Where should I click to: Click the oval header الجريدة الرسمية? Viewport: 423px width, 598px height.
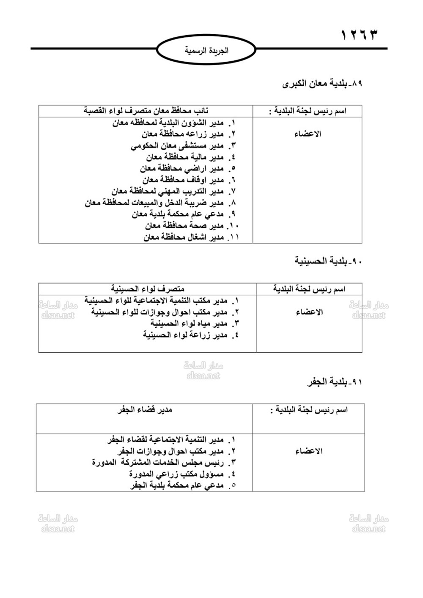206,50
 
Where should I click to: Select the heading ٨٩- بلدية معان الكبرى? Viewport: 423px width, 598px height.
323,84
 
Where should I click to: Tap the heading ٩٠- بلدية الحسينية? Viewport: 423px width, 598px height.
329,261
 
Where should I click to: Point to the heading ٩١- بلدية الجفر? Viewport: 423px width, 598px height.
335,382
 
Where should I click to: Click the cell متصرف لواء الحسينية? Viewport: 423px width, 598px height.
148,289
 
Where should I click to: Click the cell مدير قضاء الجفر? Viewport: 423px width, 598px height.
145,409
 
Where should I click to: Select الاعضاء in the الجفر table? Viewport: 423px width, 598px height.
309,451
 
